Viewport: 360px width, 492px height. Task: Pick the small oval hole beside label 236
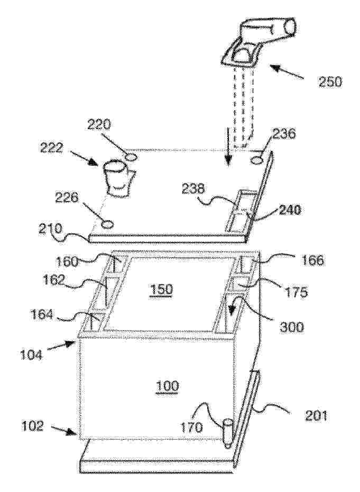[256, 160]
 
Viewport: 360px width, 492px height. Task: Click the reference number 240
[289, 211]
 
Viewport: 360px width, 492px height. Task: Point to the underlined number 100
[167, 386]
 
